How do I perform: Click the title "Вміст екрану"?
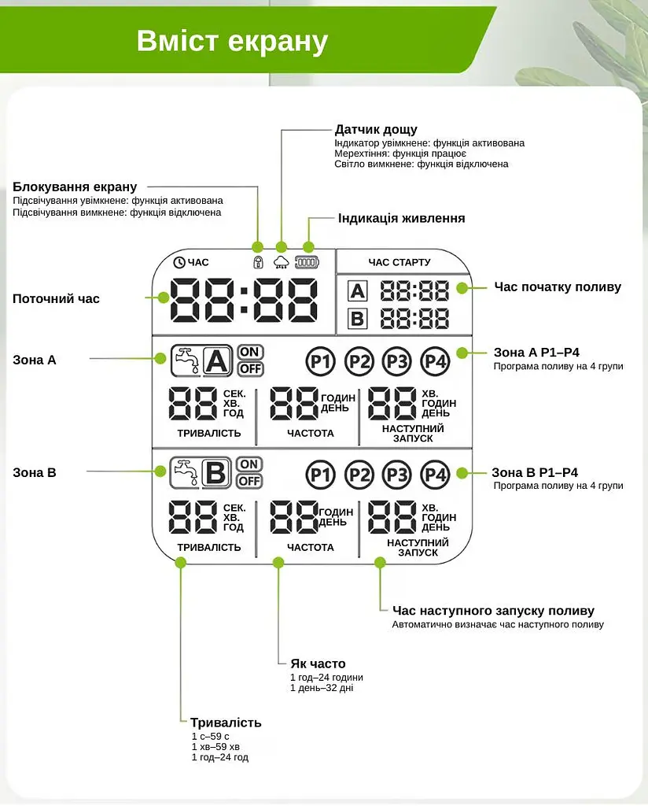pyautogui.click(x=232, y=41)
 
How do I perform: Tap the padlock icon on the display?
pyautogui.click(x=258, y=262)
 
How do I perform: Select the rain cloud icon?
pyautogui.click(x=281, y=262)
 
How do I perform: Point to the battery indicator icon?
pyautogui.click(x=307, y=262)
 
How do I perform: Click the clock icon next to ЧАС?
pyautogui.click(x=179, y=262)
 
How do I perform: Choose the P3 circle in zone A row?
pyautogui.click(x=397, y=361)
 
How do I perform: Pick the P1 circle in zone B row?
pyautogui.click(x=320, y=475)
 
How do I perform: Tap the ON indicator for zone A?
pyautogui.click(x=250, y=352)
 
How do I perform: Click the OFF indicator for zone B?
pyautogui.click(x=250, y=481)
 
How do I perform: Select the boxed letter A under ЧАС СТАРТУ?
pyautogui.click(x=357, y=291)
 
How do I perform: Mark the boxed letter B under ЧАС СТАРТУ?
pyautogui.click(x=357, y=319)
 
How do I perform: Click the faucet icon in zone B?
pyautogui.click(x=186, y=473)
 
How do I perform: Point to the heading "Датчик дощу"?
pyautogui.click(x=376, y=129)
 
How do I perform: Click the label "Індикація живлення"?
pyautogui.click(x=402, y=218)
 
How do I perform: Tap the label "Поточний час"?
pyautogui.click(x=56, y=298)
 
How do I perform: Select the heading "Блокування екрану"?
pyautogui.click(x=75, y=187)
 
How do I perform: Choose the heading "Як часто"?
pyautogui.click(x=318, y=664)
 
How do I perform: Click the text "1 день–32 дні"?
pyautogui.click(x=322, y=688)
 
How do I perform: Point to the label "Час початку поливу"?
pyautogui.click(x=558, y=287)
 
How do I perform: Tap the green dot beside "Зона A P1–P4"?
pyautogui.click(x=462, y=353)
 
